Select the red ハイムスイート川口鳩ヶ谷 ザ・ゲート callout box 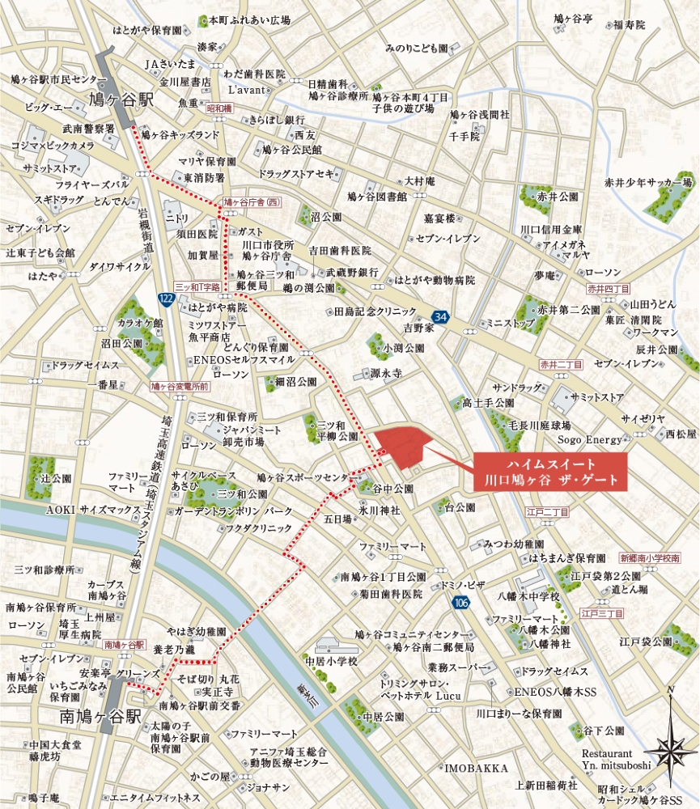click(550, 471)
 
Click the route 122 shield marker click(166, 300)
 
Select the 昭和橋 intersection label click(218, 107)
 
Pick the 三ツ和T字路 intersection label click(197, 287)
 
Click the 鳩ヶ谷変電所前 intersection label click(180, 387)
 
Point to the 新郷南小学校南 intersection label click(650, 557)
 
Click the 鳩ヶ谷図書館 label click(375, 196)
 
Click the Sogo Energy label click(590, 440)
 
